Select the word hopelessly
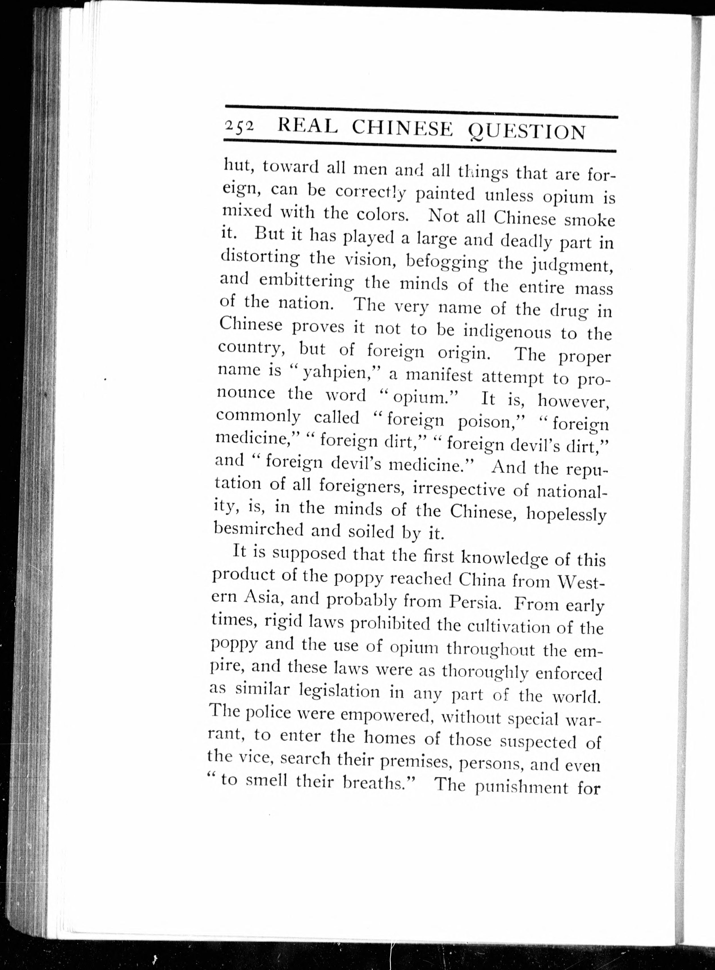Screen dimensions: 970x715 click(565, 514)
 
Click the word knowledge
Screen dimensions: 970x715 click(504, 558)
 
